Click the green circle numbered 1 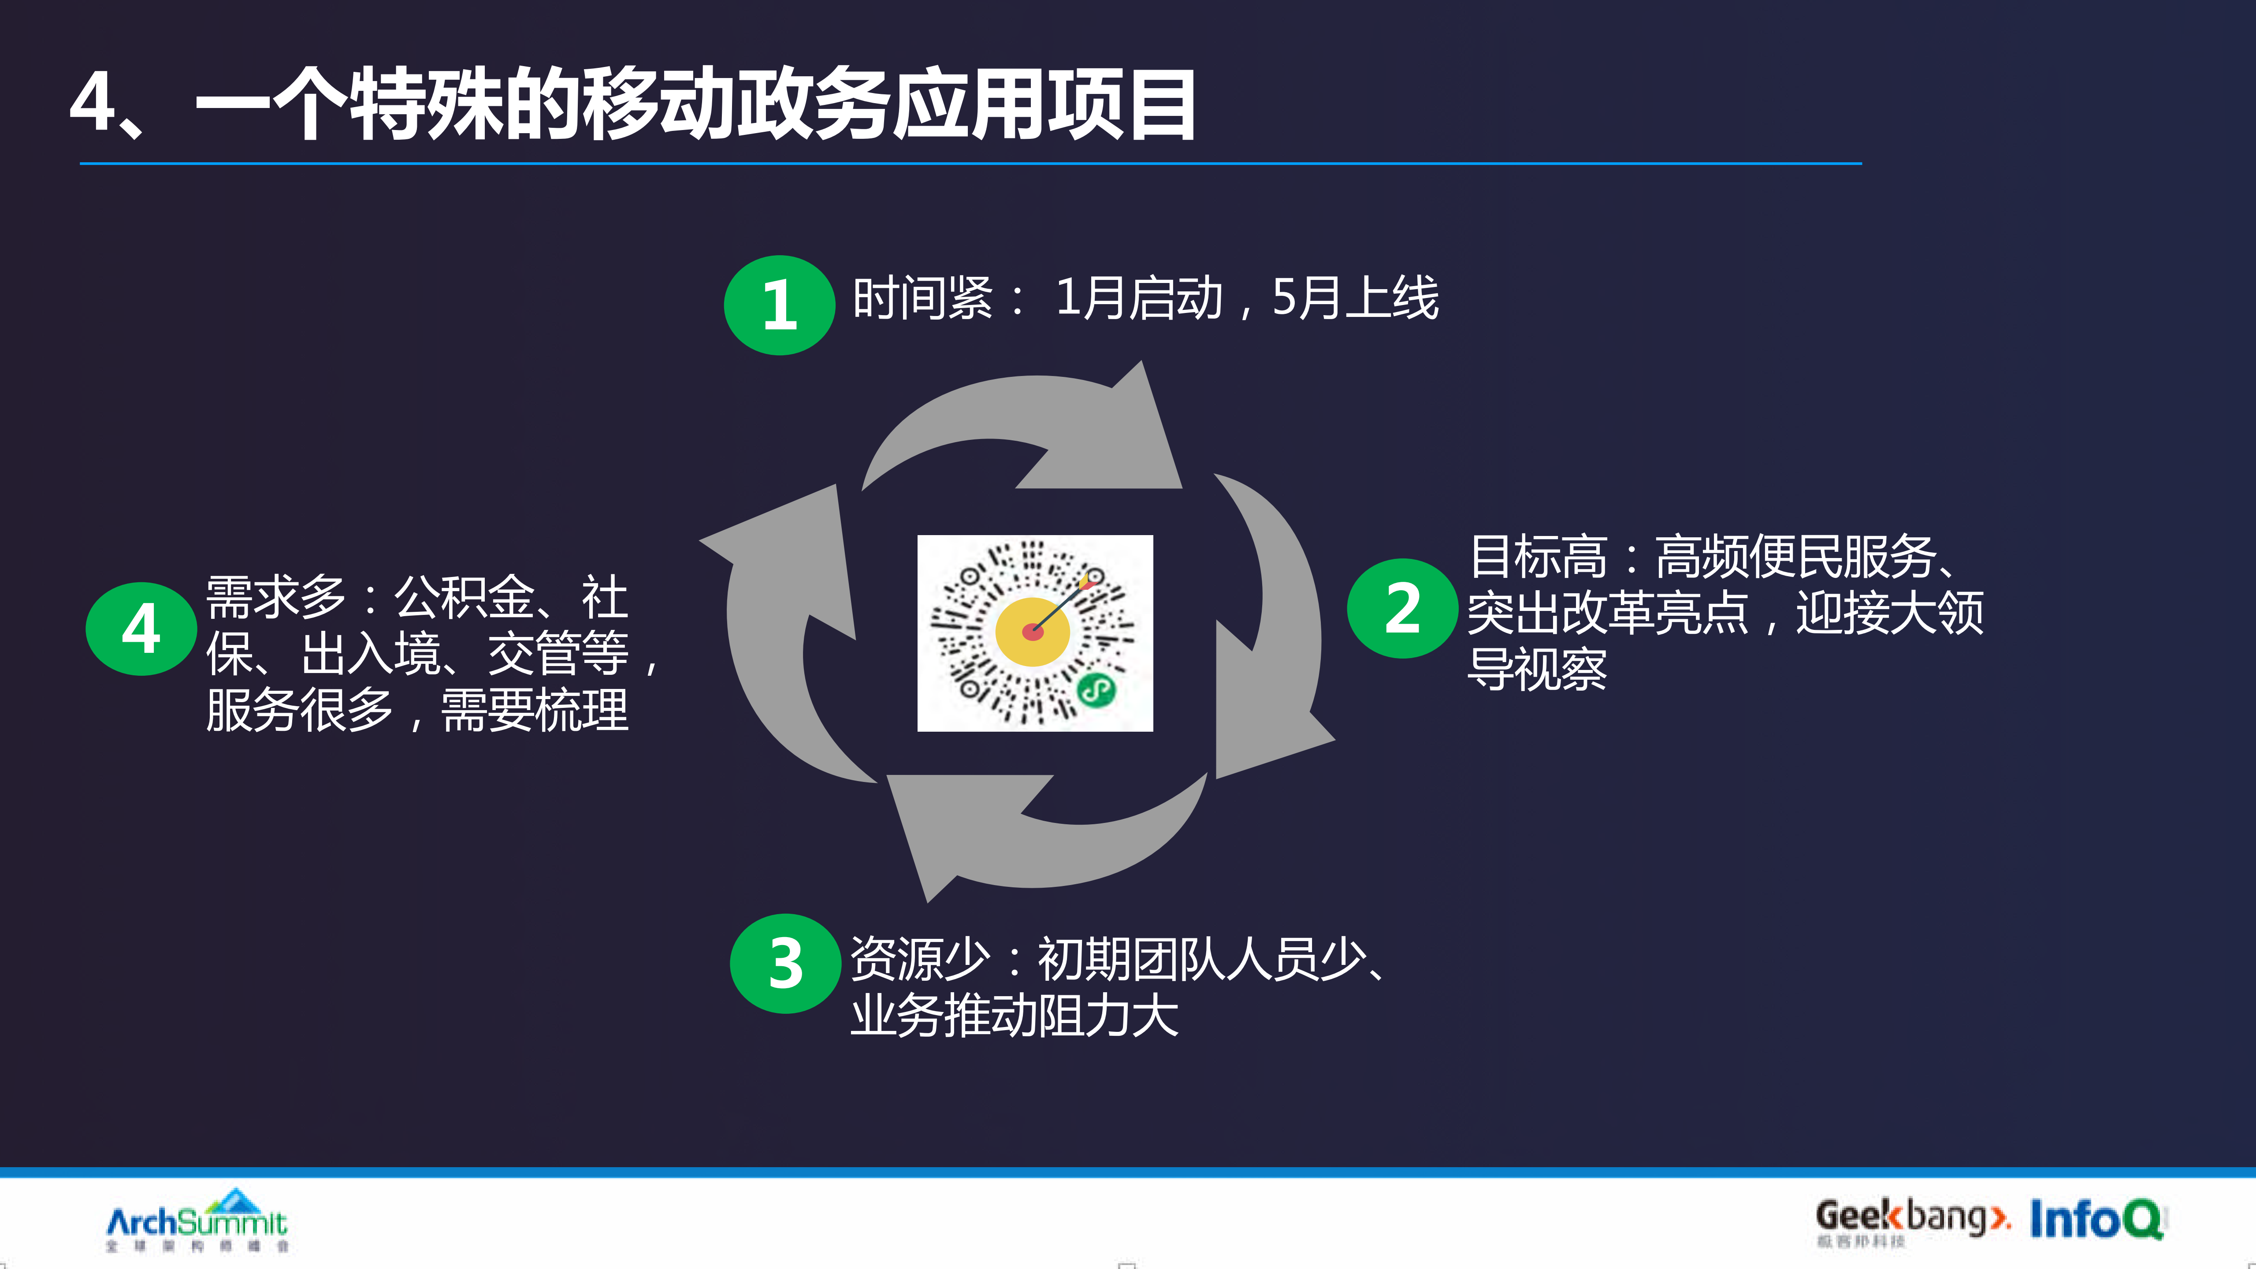click(779, 305)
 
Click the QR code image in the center click(1034, 633)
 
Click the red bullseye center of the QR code click(1033, 631)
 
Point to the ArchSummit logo click(197, 1220)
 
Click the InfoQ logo click(2096, 1219)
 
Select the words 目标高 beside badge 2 click(1538, 557)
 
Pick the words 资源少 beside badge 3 click(920, 959)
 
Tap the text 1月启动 click(1138, 298)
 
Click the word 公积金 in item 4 click(464, 597)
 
